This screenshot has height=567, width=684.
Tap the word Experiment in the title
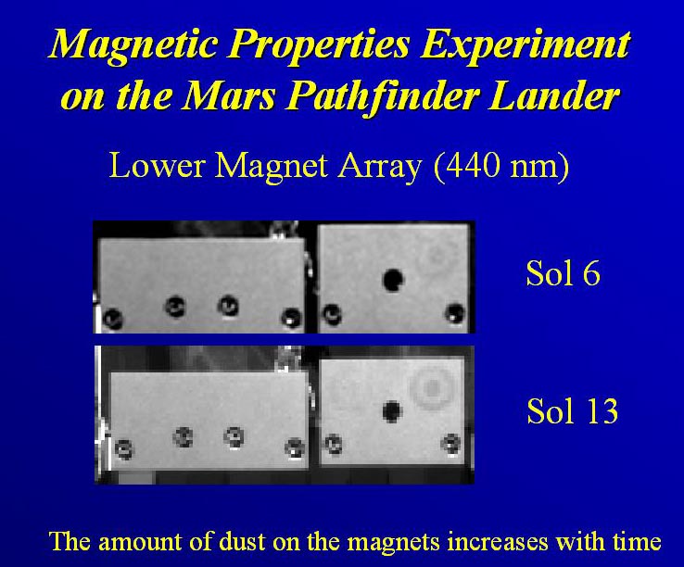coord(525,44)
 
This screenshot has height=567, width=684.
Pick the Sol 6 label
coord(563,274)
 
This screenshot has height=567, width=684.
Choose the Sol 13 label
coord(573,410)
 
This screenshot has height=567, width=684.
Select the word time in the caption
coord(638,541)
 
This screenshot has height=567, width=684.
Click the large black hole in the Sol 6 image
coord(393,280)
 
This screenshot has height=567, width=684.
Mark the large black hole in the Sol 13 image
coord(391,411)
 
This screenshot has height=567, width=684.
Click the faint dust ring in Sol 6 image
coord(437,256)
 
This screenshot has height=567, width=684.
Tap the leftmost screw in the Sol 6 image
coord(113,319)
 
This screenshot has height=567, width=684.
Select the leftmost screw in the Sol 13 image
coord(124,448)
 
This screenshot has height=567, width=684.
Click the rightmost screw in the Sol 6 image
coord(454,313)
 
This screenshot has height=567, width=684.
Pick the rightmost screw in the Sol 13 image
coord(451,444)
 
